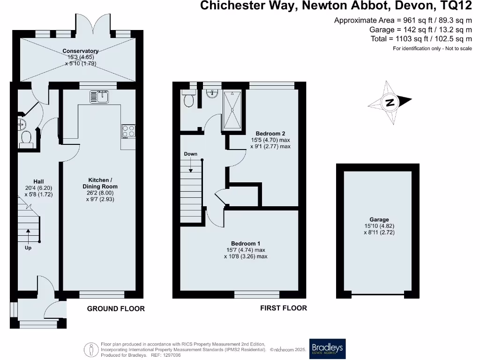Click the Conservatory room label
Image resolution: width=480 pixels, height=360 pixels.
[81, 51]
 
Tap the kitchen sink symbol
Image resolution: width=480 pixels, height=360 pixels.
[99, 97]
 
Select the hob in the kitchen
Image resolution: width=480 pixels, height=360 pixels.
[128, 131]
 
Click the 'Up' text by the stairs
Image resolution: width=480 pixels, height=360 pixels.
[28, 247]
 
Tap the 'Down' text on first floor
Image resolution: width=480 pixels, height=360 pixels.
[191, 154]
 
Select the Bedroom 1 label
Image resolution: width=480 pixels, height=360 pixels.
[246, 243]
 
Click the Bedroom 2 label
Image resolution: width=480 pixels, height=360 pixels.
[270, 133]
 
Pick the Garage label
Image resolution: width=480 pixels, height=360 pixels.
[379, 219]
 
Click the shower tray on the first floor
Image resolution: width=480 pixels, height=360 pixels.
[233, 110]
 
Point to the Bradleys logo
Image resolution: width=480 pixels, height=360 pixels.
[327, 349]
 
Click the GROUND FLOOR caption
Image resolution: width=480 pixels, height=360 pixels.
[116, 308]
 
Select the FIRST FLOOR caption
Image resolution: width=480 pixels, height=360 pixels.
[284, 308]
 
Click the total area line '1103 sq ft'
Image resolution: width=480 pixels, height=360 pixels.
[421, 39]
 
